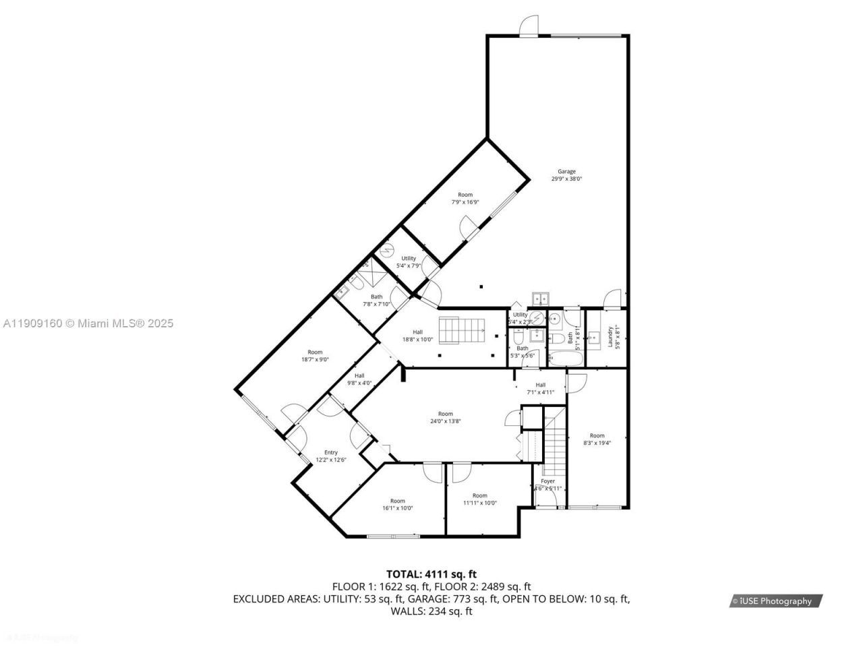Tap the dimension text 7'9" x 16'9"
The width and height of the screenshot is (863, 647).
(465, 202)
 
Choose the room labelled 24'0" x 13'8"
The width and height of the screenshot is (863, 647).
(445, 418)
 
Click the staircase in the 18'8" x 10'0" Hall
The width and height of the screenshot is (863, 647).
(463, 330)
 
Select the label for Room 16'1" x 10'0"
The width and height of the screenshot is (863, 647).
(398, 504)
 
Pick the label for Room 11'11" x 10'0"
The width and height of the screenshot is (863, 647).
(479, 499)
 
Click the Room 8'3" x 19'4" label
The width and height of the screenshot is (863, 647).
(597, 439)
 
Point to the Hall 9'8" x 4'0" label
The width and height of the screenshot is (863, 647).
(359, 379)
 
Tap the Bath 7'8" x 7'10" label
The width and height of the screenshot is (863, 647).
(376, 300)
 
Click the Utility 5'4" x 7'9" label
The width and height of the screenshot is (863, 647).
(409, 261)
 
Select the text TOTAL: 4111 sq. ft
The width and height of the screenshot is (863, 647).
(431, 574)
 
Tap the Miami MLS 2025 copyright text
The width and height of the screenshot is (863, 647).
(87, 323)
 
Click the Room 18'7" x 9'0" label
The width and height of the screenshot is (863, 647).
(315, 355)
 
